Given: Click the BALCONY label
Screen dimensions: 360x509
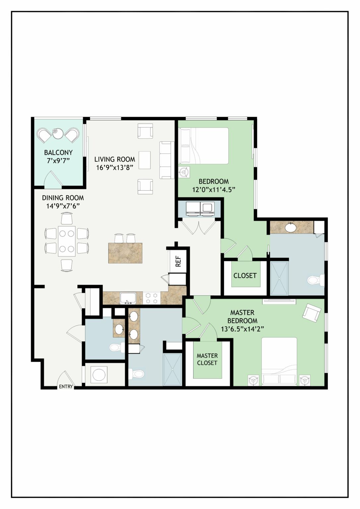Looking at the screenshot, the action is [58, 152].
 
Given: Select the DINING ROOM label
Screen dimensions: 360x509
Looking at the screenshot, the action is [63, 198].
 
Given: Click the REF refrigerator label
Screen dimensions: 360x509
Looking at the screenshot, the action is [178, 261].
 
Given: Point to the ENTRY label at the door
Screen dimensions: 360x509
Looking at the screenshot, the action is [66, 386].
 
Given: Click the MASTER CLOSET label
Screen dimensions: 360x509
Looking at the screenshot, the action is [207, 359].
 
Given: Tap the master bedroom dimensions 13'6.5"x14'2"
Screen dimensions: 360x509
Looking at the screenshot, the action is [242, 329].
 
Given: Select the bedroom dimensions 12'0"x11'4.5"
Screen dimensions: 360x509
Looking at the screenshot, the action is [213, 190].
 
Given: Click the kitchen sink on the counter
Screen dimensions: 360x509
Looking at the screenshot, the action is [128, 298].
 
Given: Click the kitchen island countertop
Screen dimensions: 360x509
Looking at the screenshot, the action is [125, 253].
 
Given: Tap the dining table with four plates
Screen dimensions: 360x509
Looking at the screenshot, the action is [67, 241].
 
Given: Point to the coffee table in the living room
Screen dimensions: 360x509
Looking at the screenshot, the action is [145, 160].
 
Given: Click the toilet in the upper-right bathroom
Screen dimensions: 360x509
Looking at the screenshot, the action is [316, 280].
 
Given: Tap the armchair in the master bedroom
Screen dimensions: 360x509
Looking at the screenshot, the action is [312, 313].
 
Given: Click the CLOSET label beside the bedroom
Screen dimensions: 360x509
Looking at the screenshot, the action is [245, 275].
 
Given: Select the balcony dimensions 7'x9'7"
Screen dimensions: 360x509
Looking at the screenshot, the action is [58, 161].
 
